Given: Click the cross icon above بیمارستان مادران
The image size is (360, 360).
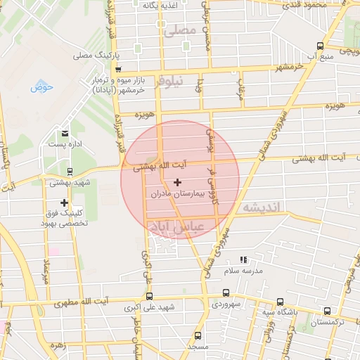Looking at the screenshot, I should click(176, 182).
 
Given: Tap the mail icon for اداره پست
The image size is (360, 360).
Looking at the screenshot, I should click(65, 133).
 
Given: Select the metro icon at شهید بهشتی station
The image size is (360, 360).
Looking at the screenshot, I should click(69, 171).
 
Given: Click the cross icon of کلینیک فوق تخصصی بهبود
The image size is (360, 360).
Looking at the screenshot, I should click(64, 202).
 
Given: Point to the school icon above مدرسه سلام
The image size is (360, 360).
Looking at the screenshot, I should click(243, 260).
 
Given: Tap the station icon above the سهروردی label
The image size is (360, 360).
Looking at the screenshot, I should click(226, 292).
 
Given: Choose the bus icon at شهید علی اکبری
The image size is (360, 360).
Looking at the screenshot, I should click(148, 296).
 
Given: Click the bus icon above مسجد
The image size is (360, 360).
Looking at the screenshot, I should click(197, 335).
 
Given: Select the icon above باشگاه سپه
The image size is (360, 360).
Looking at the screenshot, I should click(281, 301).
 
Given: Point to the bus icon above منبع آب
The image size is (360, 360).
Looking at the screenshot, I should click(321, 46).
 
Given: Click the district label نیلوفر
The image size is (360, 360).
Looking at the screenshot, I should click(171, 81).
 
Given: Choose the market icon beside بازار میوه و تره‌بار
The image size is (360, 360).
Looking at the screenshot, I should click(118, 70).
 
